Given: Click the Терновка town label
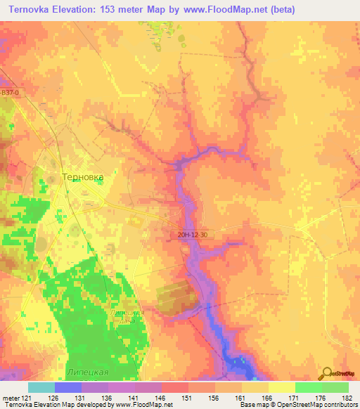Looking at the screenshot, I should (x=83, y=178).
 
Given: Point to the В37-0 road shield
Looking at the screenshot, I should (x=11, y=92).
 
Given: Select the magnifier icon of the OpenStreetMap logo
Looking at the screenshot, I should (x=327, y=372).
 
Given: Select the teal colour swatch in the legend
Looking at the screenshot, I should (x=41, y=387).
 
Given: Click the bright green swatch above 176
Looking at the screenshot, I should (x=308, y=387).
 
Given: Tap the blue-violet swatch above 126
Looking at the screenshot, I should (x=68, y=387).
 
